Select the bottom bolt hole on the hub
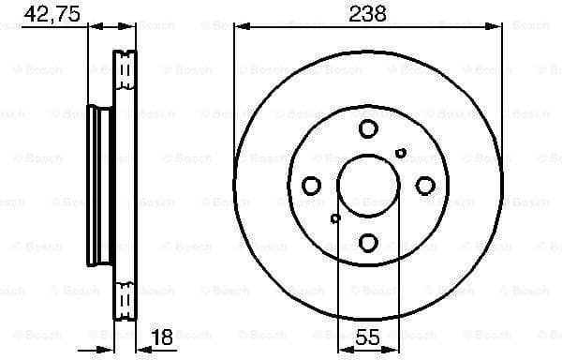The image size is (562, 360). point(368,242)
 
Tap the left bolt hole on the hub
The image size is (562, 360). point(312,186)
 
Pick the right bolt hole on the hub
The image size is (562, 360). point(424,186)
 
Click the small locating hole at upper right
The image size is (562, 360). point(401,153)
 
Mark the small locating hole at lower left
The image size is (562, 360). point(335,218)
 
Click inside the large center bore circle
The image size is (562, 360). point(368,186)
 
